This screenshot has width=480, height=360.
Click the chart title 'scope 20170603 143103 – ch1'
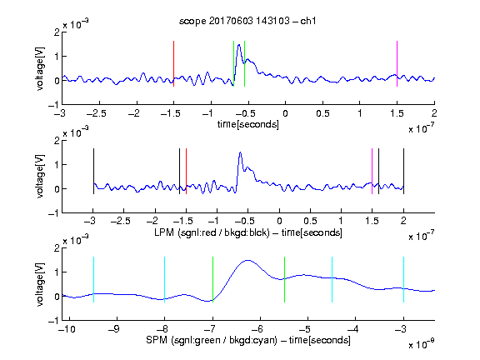tap(247, 21)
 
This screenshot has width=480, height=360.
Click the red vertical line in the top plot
tap(173, 63)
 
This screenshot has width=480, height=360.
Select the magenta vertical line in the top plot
tap(397, 63)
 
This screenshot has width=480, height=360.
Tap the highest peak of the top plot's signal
tap(239, 45)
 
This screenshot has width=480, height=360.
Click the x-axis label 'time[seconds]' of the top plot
tap(248, 124)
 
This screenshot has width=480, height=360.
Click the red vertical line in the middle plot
tap(186, 171)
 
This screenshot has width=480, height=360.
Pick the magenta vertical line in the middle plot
tap(372, 171)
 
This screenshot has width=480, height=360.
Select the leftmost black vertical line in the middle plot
tap(93, 171)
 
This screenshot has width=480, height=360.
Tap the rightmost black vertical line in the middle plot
tap(403, 171)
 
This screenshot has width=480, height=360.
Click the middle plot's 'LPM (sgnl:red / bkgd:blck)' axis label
tap(212, 232)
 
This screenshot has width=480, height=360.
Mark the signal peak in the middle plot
tap(240, 152)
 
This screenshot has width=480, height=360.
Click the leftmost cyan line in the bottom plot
tap(93, 279)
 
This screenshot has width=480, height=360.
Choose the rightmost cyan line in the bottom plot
tap(403, 279)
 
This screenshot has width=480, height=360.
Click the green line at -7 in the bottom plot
tap(212, 279)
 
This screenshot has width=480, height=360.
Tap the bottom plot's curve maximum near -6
tap(247, 260)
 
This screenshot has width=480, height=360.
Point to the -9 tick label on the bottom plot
tap(114, 329)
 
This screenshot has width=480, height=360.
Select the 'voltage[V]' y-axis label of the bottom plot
tap(40, 284)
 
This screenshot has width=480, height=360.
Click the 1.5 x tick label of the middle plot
tap(372, 221)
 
